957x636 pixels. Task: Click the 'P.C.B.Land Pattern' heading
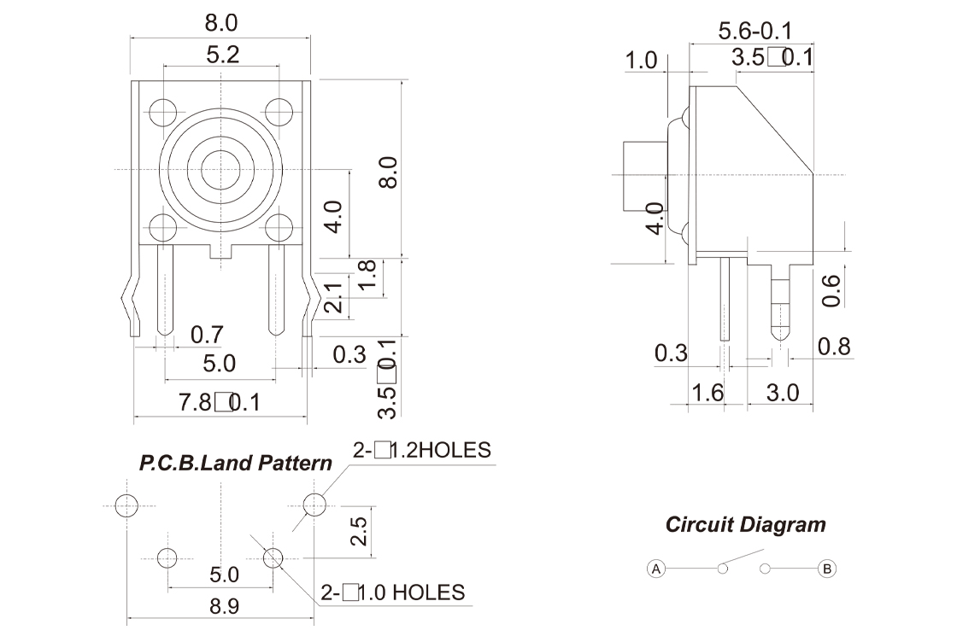(236, 464)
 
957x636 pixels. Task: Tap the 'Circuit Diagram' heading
(745, 524)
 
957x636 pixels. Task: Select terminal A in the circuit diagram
(656, 569)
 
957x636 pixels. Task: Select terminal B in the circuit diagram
(826, 569)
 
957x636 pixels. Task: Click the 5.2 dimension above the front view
(222, 55)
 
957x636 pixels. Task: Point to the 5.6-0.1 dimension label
(754, 32)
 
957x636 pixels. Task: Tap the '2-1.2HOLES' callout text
(422, 450)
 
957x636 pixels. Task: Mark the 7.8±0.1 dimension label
(219, 402)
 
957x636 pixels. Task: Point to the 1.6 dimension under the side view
(706, 393)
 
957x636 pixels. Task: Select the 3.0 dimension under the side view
(781, 393)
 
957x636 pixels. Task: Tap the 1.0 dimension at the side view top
(641, 61)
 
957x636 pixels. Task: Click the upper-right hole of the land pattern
(314, 505)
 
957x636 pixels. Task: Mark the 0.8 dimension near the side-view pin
(834, 347)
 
